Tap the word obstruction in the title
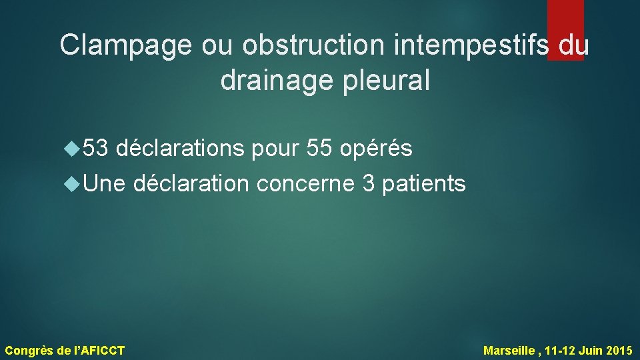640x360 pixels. tap(309, 45)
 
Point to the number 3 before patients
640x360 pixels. tap(368, 183)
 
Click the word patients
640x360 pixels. tap(424, 183)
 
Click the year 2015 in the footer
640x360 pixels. tap(620, 350)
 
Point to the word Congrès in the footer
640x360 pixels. tap(29, 350)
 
